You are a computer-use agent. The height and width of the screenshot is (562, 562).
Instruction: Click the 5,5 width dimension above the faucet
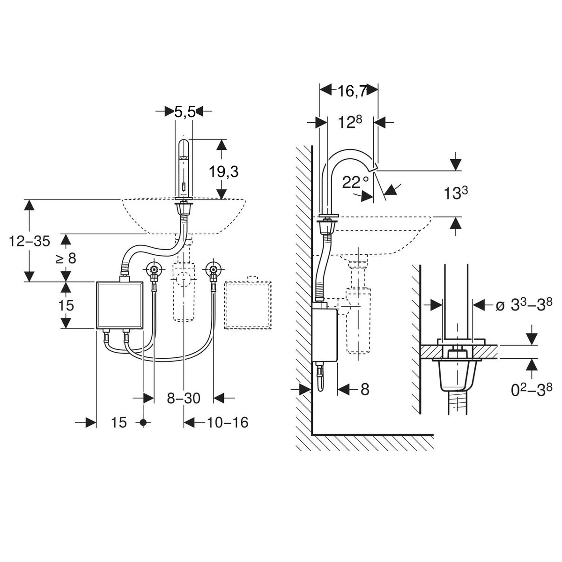(185, 112)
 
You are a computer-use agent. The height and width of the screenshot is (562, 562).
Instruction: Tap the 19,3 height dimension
(224, 171)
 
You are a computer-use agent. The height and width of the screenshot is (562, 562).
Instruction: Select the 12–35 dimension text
(30, 241)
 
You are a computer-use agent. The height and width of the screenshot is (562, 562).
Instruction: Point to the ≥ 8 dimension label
(66, 258)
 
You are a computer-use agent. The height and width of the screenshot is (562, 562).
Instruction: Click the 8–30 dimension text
(184, 398)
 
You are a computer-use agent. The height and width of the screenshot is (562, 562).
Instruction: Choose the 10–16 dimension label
(228, 422)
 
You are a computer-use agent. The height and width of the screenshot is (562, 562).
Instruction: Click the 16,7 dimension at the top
(352, 91)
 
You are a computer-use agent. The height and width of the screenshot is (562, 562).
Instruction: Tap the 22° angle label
(355, 182)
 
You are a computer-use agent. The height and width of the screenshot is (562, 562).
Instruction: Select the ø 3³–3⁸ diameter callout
(524, 304)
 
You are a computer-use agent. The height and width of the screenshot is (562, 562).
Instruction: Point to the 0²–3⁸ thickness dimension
(532, 390)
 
